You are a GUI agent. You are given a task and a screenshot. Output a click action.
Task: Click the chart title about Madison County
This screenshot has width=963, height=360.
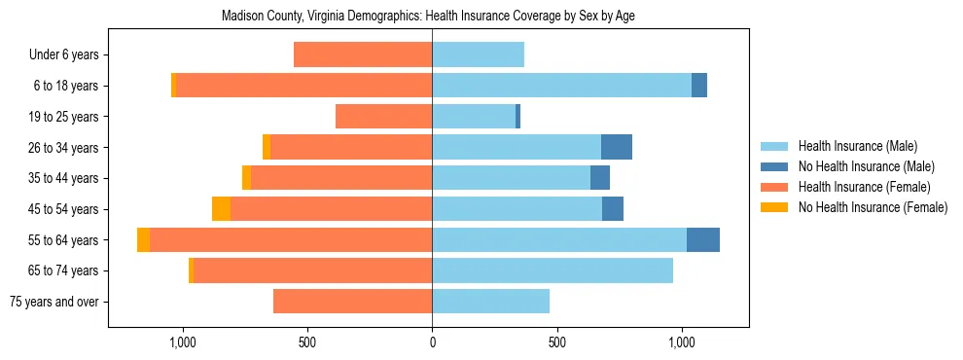pos(428,17)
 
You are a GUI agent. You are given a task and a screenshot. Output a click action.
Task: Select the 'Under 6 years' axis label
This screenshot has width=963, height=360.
pos(70,55)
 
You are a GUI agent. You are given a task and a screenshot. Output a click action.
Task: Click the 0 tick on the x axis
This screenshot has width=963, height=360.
pos(432,342)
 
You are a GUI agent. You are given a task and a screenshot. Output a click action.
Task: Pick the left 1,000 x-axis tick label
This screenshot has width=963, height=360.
pos(183,342)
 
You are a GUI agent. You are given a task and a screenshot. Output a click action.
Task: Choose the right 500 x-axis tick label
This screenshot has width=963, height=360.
pos(556,342)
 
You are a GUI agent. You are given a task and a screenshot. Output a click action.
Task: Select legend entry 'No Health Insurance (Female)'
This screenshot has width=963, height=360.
pos(873,207)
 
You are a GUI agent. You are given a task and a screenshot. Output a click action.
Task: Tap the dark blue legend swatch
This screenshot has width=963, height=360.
pos(776,166)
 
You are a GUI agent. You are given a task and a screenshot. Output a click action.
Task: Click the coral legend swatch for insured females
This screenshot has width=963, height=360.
pos(776,187)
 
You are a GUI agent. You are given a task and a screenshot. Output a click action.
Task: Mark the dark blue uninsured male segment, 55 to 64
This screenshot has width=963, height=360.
pos(703,239)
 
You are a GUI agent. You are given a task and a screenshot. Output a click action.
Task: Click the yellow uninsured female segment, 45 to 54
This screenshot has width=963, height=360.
pos(221,209)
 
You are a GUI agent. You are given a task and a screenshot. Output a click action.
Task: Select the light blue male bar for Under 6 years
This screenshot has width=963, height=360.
pos(478,55)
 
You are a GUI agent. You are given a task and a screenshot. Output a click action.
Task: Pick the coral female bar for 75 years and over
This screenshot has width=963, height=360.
pos(352,302)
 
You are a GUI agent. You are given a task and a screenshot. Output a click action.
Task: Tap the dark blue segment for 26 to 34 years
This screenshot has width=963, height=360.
pos(617,147)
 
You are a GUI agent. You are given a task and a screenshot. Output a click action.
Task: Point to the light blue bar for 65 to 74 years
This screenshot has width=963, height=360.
pos(553,270)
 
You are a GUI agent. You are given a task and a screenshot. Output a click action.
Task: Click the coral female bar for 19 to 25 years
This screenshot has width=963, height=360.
pos(383,117)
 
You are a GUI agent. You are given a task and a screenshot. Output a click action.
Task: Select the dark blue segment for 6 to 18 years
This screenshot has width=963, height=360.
pos(699,86)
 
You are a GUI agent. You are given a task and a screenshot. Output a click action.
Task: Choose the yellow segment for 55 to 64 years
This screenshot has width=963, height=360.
pos(143,239)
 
